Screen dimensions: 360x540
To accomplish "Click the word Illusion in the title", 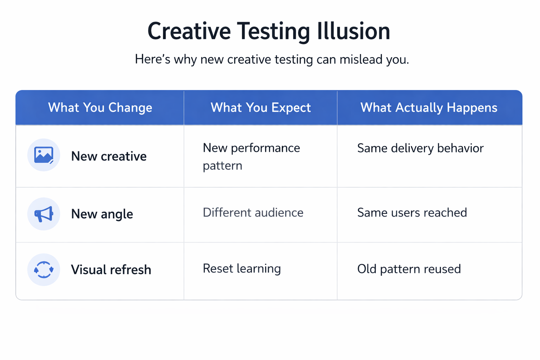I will click(353, 31).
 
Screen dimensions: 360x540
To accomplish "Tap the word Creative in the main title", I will click(189, 31).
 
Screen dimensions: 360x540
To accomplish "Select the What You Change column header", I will click(100, 108).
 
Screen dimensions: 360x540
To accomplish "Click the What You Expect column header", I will click(261, 108).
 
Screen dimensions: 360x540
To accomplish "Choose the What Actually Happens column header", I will click(429, 108).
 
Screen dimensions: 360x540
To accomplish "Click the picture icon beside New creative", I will click(44, 155).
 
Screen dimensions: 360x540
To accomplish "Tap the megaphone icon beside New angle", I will click(44, 214).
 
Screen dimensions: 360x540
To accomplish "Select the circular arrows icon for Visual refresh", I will click(44, 270).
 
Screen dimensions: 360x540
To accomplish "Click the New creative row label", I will click(109, 156).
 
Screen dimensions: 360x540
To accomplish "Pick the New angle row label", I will click(102, 214).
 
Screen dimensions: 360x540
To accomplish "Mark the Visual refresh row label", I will click(111, 270).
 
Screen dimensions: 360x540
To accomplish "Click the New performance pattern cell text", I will click(251, 156).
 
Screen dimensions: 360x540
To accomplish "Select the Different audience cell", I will click(253, 213).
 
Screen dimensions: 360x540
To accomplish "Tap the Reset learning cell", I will click(242, 269).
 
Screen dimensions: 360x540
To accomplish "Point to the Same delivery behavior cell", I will click(420, 148).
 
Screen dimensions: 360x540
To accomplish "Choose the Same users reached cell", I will click(412, 213).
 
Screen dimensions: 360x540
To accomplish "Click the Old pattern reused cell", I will click(409, 269).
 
